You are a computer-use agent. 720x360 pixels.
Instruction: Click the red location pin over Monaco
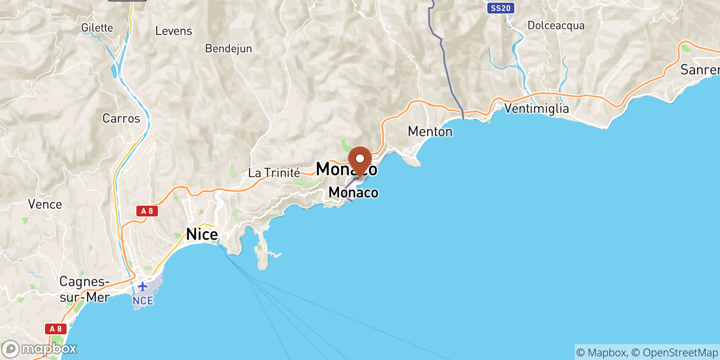click(x=360, y=160)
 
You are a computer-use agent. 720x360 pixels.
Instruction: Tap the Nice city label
click(x=202, y=234)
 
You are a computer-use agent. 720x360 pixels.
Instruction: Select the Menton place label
click(x=430, y=131)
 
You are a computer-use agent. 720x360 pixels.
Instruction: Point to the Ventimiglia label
click(x=536, y=108)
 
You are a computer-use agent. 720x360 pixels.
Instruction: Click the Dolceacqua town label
click(x=556, y=26)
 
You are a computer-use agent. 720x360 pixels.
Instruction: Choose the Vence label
click(x=45, y=204)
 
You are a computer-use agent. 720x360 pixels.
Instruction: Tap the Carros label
click(x=121, y=118)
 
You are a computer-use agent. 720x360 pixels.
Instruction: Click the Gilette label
click(x=97, y=28)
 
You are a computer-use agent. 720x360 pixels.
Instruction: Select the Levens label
click(x=174, y=31)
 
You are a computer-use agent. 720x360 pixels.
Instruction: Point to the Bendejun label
click(x=228, y=49)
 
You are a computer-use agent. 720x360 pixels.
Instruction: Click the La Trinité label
click(x=274, y=173)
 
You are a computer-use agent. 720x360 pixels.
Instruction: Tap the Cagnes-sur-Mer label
click(x=85, y=289)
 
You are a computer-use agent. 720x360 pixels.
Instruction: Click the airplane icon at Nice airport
click(x=143, y=287)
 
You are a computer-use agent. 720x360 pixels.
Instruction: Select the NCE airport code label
click(x=143, y=301)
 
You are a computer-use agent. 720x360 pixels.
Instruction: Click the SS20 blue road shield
click(x=500, y=8)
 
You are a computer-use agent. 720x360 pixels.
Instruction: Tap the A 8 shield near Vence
click(x=147, y=211)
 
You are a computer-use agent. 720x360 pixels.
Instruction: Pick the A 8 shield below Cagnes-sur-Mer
click(x=56, y=329)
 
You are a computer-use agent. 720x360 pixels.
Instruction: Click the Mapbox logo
click(x=40, y=349)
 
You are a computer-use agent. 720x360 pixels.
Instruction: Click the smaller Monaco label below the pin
click(x=353, y=193)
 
